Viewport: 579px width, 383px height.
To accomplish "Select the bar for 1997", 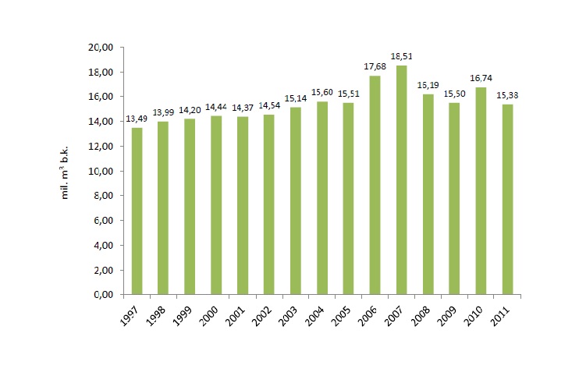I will tap(137, 211).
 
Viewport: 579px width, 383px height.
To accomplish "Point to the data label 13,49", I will tap(137, 119).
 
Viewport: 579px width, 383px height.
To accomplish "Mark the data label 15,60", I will tap(321, 93).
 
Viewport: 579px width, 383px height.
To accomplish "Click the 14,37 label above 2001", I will tap(242, 108).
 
